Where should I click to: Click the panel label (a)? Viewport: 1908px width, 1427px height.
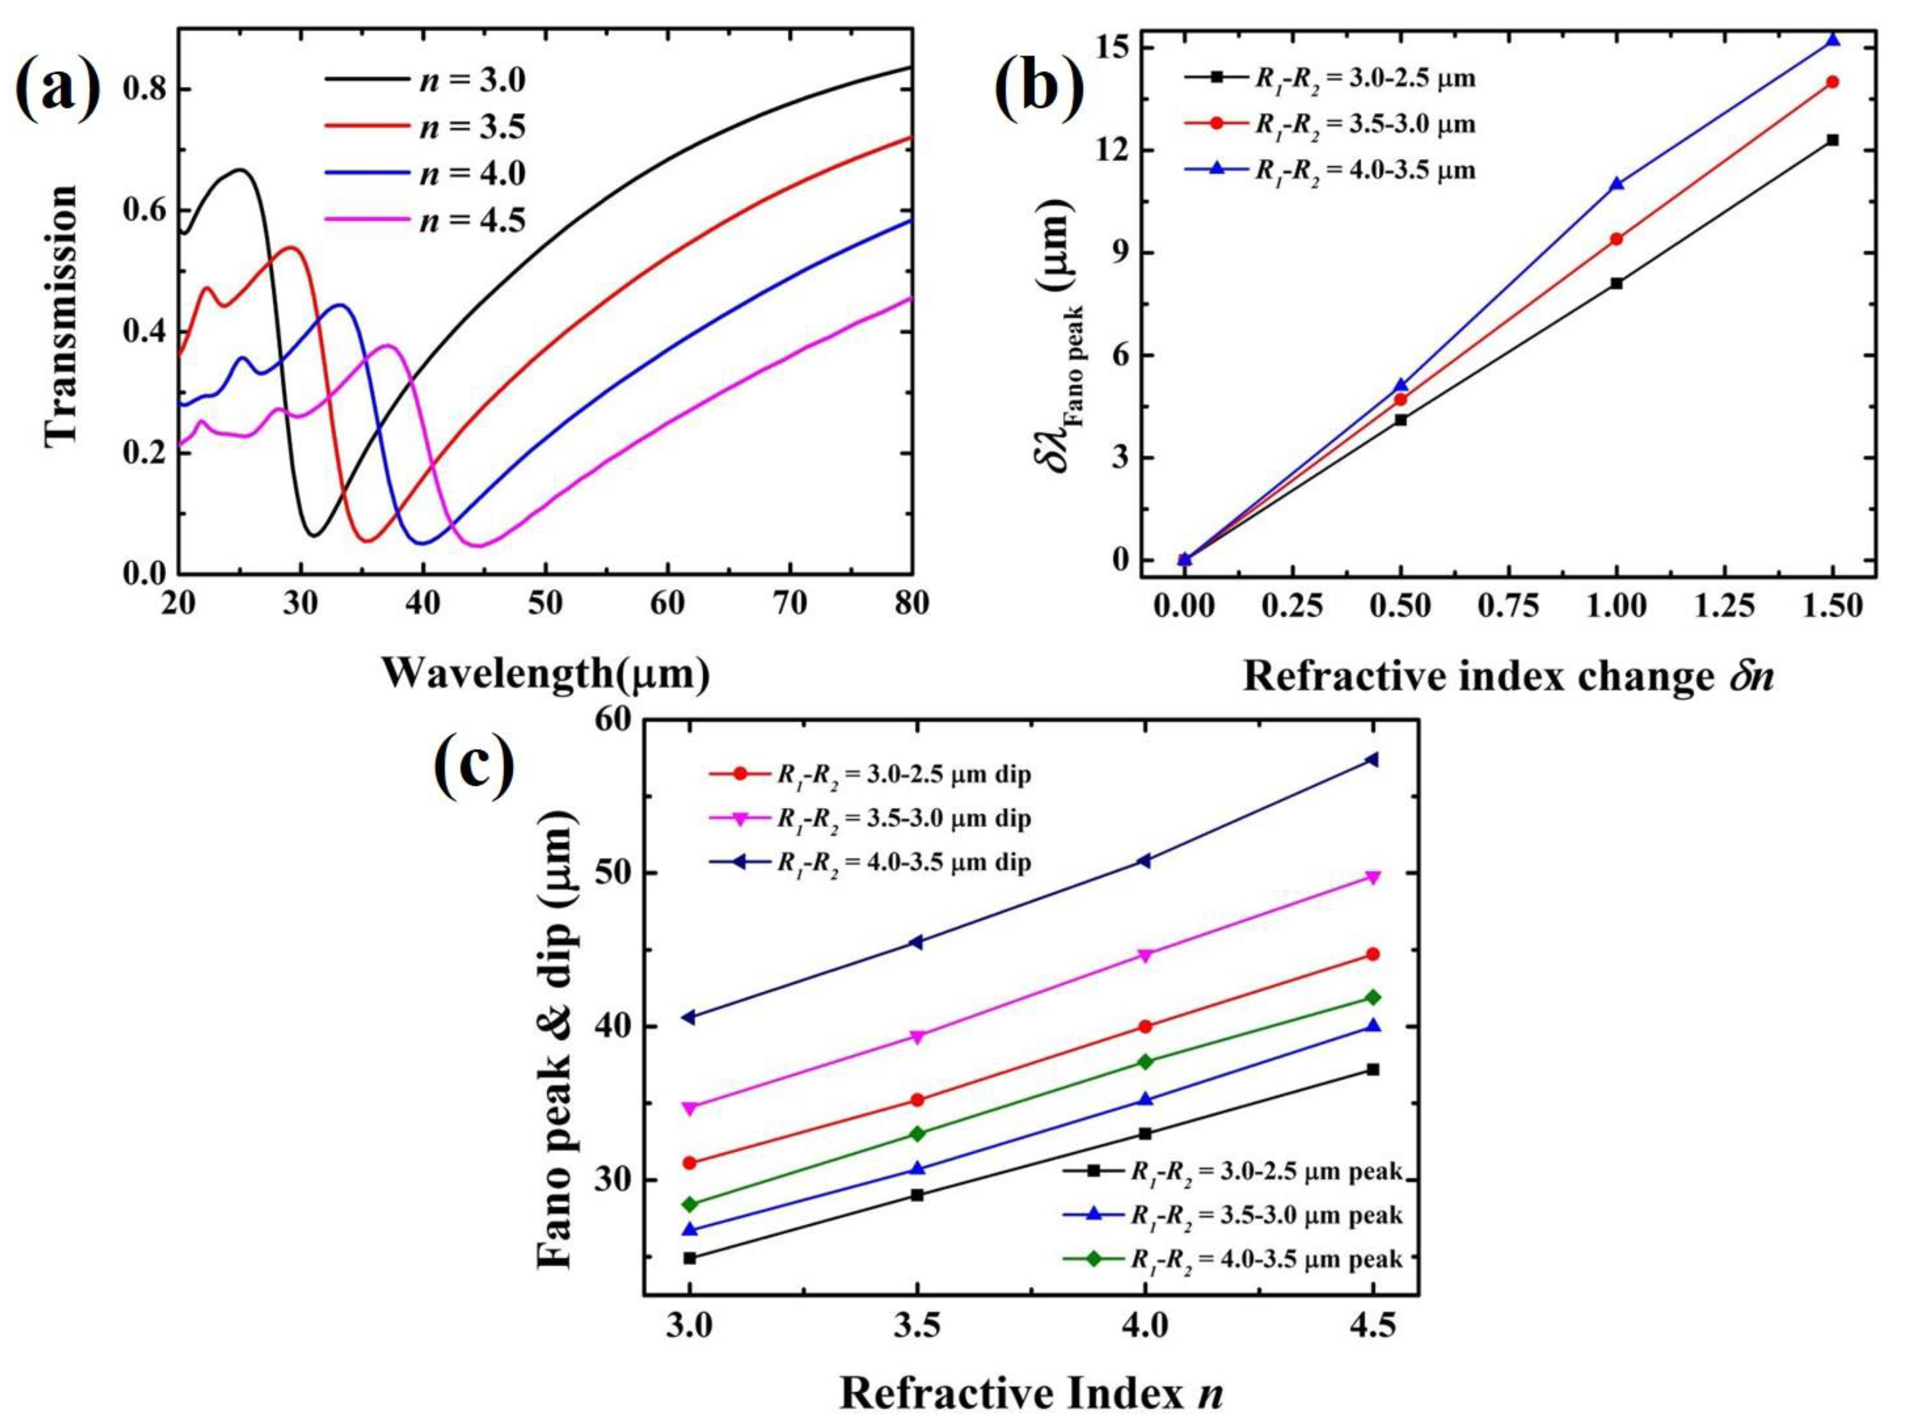[x=59, y=88]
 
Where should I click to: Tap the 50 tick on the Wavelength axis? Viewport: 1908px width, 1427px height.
[x=544, y=603]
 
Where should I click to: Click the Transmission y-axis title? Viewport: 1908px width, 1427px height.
[x=62, y=314]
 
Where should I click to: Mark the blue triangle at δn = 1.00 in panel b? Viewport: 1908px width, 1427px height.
[x=1617, y=184]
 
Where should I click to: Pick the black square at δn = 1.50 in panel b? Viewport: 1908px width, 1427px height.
[x=1832, y=140]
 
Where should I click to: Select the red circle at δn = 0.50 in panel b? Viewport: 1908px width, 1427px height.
[x=1401, y=399]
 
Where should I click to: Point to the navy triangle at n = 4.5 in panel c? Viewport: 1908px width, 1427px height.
[x=1373, y=759]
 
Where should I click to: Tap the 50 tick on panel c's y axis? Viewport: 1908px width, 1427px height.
[x=615, y=873]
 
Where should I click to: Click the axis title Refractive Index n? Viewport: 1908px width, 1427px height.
[x=1031, y=1392]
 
